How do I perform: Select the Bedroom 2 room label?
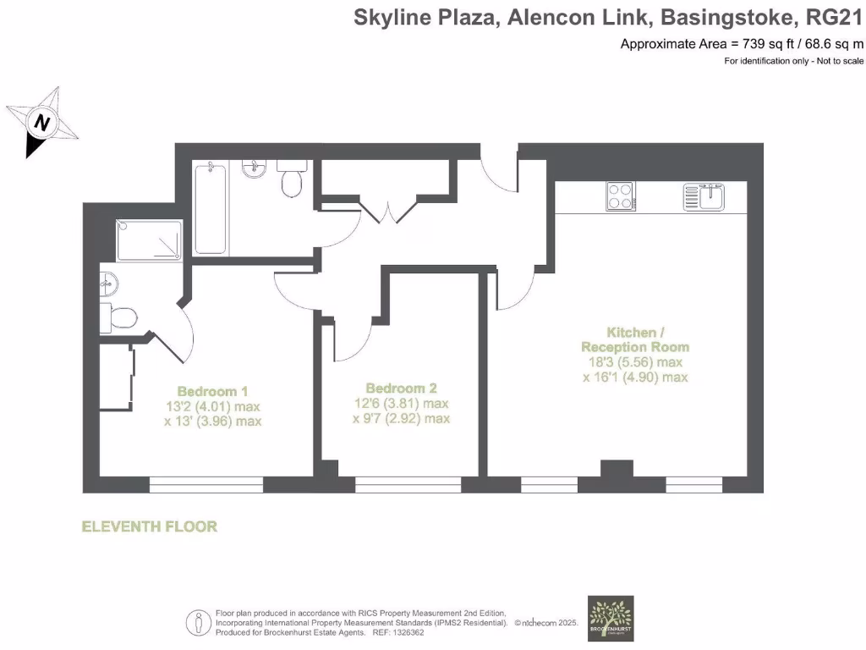click(401, 388)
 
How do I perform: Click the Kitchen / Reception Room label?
click(635, 339)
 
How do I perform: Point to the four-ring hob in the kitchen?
click(620, 196)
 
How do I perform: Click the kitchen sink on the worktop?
click(704, 196)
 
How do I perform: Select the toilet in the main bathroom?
click(293, 180)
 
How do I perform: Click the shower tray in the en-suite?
click(150, 240)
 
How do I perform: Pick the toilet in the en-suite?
click(118, 318)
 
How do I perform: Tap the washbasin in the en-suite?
click(109, 282)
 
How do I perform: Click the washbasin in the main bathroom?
click(254, 171)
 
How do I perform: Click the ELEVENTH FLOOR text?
click(149, 526)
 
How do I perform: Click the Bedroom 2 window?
click(408, 485)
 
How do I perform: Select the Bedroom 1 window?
click(206, 485)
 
